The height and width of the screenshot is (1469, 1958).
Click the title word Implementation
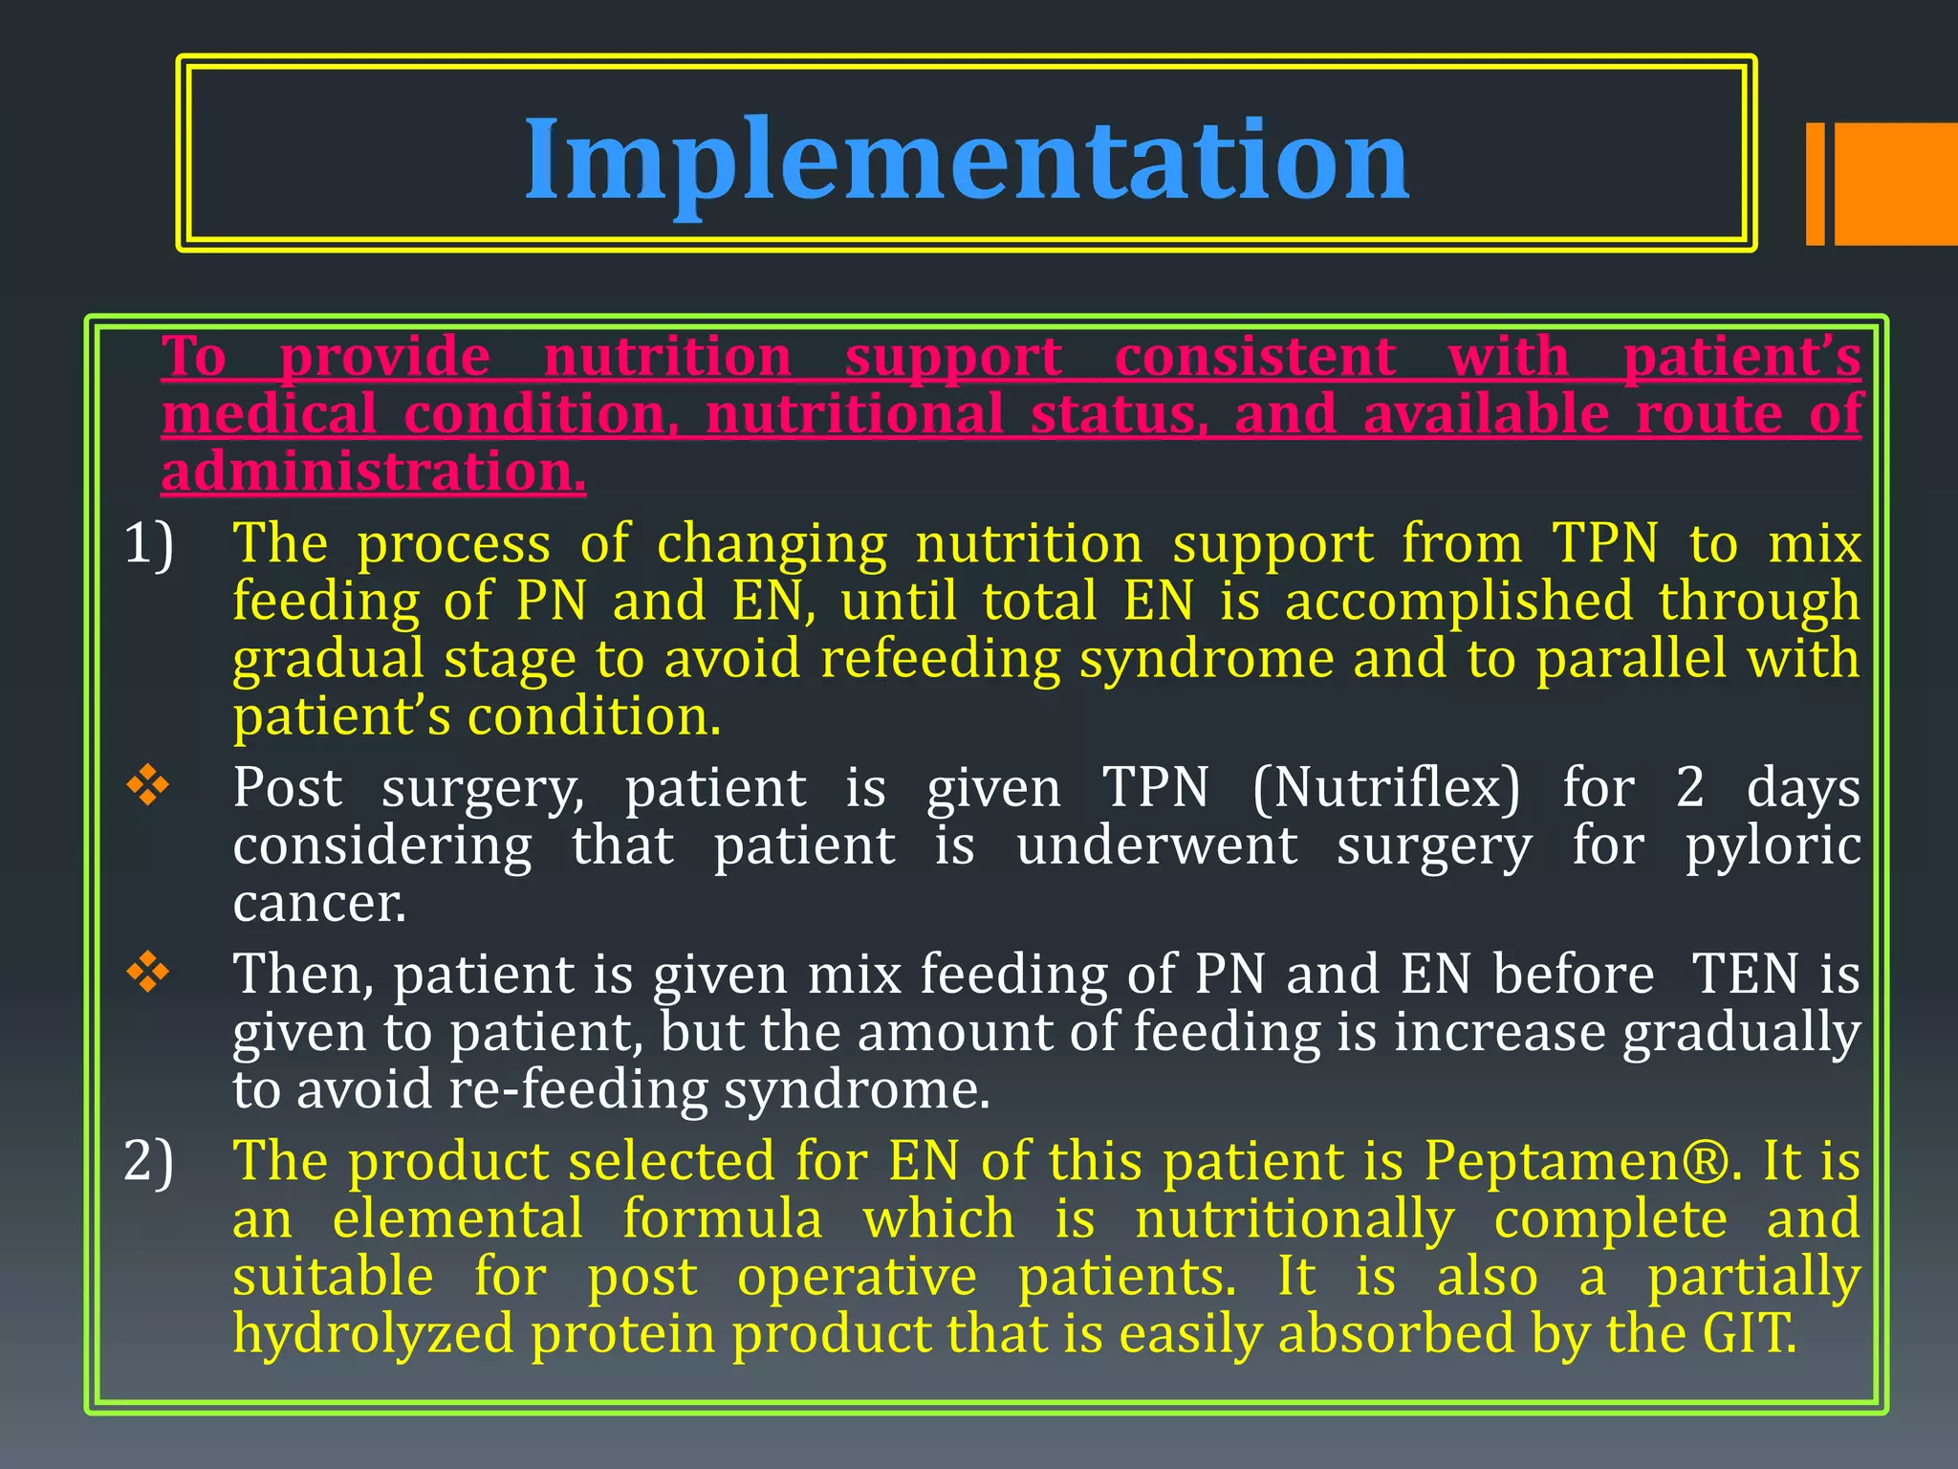pos(967,160)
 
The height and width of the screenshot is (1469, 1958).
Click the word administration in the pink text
pos(373,471)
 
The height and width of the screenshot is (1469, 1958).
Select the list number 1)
pos(149,543)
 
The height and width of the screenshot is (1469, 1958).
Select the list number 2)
pos(149,1161)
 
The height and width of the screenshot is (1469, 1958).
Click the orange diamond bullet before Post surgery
pos(148,787)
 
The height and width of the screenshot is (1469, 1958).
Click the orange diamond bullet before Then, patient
pos(148,974)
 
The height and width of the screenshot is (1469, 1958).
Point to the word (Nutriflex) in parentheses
pos(1385,788)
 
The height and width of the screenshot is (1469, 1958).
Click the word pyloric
pos(1773,846)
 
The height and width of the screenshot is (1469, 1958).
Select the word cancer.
pos(319,903)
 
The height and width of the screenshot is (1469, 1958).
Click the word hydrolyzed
pos(373,1333)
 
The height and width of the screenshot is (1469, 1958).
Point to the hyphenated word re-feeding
pos(577,1089)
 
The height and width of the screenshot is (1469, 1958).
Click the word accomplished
pos(1458,602)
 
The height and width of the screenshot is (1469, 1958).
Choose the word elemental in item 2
pos(457,1219)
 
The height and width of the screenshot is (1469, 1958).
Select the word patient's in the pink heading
pos(1742,357)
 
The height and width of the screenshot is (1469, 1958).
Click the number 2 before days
pos(1689,788)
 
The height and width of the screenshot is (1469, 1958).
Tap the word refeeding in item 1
pos(941,659)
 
